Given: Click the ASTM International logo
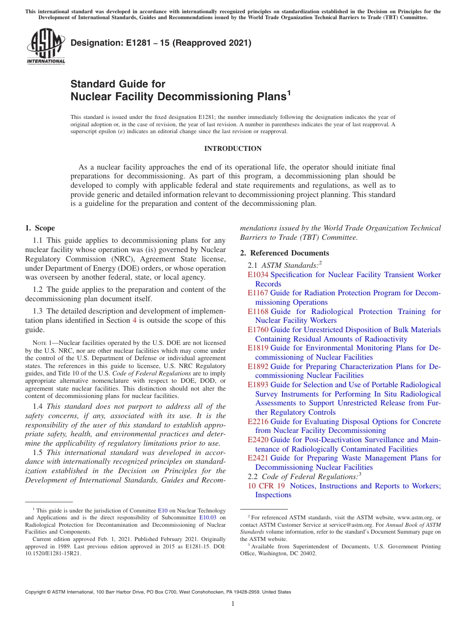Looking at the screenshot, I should tap(46, 46).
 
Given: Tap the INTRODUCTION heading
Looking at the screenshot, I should tap(233, 148).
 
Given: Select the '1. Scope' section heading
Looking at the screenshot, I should tap(40, 228).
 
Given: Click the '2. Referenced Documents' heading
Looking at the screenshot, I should tap(285, 253).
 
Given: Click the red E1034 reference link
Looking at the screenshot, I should tap(258, 275).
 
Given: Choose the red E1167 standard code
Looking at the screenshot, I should tap(258, 293).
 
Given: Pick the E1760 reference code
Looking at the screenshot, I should tap(258, 330).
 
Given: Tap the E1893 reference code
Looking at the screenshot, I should tap(258, 385).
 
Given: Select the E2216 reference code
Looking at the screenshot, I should tap(258, 422).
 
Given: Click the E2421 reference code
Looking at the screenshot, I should tap(258, 458).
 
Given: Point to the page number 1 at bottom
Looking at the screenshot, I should tap(233, 604).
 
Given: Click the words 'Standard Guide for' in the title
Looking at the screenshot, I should tap(118, 84).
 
